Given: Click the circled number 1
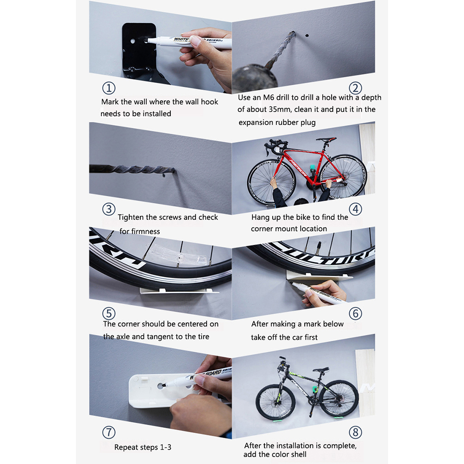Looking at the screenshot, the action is click(109, 88).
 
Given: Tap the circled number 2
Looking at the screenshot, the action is click(355, 88).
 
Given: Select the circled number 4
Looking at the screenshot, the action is click(355, 209).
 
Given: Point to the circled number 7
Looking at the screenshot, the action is click(109, 433).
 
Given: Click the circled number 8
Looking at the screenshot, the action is click(355, 433).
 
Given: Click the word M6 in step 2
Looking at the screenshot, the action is click(269, 98).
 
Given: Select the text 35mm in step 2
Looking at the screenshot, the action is click(280, 109).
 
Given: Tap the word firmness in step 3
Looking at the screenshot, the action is click(140, 232).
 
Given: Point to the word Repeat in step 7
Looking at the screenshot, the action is click(125, 447).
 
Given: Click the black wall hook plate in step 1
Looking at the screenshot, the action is click(139, 50).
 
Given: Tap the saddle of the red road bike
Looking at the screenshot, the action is click(326, 139).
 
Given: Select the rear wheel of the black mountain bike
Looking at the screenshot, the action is click(339, 398).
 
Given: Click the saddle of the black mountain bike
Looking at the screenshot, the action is click(321, 370).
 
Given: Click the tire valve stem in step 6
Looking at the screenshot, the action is click(319, 248).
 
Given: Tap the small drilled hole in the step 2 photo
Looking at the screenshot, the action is click(307, 36).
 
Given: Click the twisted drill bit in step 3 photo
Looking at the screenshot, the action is click(132, 169).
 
